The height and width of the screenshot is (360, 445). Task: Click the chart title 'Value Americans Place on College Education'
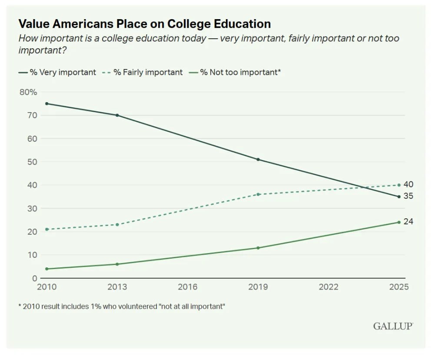[144, 23]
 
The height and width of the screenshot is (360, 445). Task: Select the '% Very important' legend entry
[57, 72]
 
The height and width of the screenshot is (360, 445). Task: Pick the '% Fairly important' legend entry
[142, 72]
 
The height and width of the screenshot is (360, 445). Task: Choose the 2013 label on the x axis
[117, 287]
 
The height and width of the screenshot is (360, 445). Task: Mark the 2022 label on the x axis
[329, 287]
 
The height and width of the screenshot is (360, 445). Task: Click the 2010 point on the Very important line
[46, 103]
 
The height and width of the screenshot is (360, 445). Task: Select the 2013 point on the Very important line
[117, 115]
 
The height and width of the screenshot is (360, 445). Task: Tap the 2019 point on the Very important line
[258, 160]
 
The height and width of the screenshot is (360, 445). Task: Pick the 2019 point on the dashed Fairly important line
[258, 194]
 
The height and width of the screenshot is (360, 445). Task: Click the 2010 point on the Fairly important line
[46, 229]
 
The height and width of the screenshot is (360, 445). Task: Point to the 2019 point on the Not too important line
[258, 248]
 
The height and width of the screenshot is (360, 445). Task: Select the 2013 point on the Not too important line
[117, 264]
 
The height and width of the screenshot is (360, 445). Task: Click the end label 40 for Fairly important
[408, 184]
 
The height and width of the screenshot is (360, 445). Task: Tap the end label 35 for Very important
[408, 196]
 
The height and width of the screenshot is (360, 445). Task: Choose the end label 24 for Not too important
[408, 222]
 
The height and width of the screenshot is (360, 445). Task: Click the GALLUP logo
[392, 326]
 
